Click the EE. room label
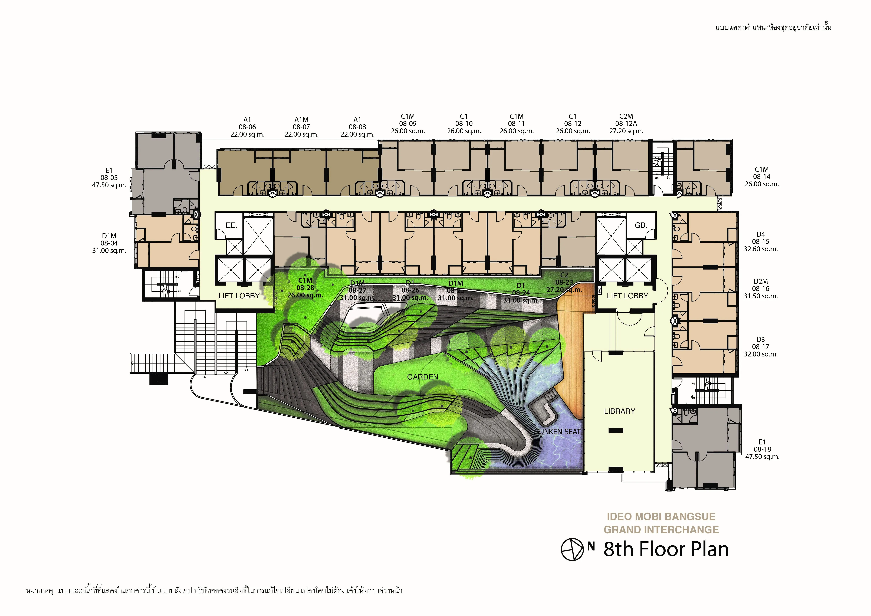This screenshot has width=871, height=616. pyautogui.click(x=231, y=225)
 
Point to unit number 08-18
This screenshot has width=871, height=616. pyautogui.click(x=762, y=450)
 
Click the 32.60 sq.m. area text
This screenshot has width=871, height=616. pyautogui.click(x=761, y=249)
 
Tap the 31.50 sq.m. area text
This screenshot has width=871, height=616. pyautogui.click(x=761, y=296)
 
